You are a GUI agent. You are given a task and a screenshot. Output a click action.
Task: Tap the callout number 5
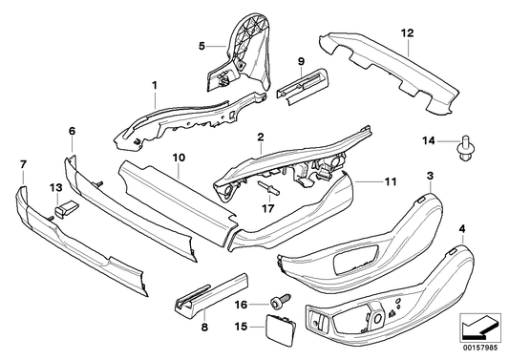click(x=201, y=45)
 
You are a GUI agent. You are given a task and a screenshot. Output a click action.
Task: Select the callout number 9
click(x=300, y=61)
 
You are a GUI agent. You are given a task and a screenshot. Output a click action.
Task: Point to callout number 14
click(x=430, y=141)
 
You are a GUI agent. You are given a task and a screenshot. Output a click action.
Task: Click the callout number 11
click(x=390, y=180)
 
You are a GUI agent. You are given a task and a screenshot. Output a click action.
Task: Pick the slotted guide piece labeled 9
click(x=301, y=86)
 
